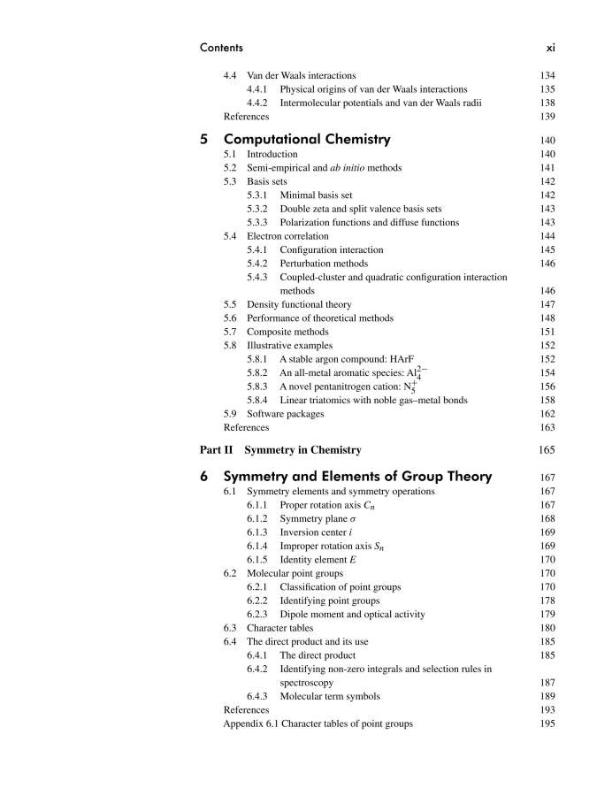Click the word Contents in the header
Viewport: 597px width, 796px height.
point(221,47)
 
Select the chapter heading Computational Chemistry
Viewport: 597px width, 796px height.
point(307,139)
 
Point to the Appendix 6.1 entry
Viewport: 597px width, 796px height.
point(318,723)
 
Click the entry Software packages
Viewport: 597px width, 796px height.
point(285,414)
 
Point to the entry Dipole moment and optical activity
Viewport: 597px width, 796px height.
point(352,615)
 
